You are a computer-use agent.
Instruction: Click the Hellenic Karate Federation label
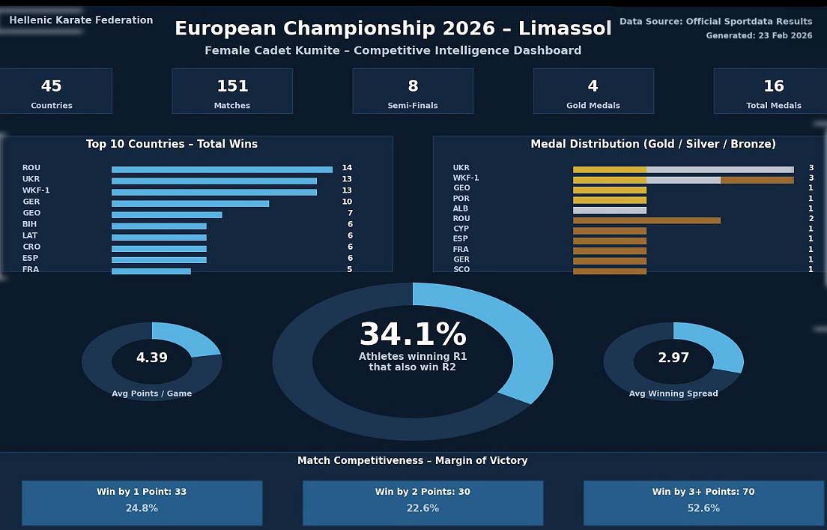(x=81, y=20)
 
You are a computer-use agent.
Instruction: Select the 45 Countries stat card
(x=52, y=91)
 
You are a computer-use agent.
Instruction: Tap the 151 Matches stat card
(x=232, y=91)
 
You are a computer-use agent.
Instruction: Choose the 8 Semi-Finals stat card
(x=413, y=91)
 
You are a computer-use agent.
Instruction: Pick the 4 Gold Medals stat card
(x=593, y=91)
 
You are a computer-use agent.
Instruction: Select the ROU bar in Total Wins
(x=222, y=169)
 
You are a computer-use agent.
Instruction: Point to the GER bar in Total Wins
(x=190, y=203)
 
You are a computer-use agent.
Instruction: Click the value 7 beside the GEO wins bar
(x=350, y=214)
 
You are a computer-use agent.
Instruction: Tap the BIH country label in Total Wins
(x=30, y=224)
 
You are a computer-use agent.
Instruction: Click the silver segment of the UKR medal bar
(x=720, y=169)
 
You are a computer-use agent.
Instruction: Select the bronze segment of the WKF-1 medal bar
(x=757, y=180)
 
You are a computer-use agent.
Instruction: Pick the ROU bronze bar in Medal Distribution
(x=646, y=220)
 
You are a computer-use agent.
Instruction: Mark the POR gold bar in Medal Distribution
(x=610, y=200)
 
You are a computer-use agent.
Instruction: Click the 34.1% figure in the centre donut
(x=413, y=335)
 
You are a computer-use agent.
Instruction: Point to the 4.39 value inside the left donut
(x=152, y=358)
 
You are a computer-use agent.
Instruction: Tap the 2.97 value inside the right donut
(x=673, y=358)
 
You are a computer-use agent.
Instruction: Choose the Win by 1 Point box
(x=142, y=503)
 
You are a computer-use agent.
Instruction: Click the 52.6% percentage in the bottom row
(x=703, y=508)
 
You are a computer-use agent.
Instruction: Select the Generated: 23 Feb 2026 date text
(x=759, y=36)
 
